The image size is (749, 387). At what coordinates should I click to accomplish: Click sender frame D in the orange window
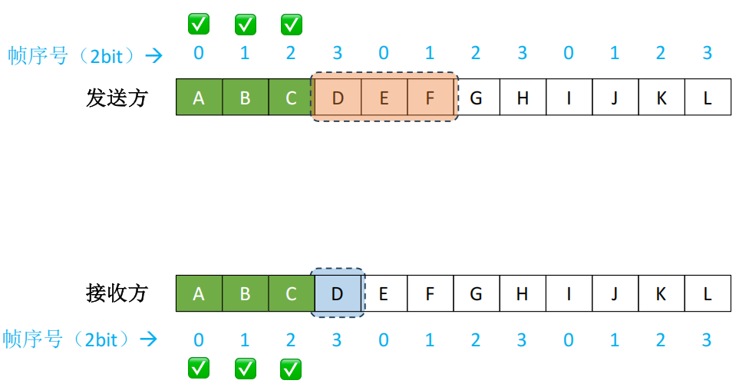point(338,98)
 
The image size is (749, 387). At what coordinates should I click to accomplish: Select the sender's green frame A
point(199,98)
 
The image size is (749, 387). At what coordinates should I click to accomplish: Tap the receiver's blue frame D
point(338,294)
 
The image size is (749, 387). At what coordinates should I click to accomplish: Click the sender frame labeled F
point(430,98)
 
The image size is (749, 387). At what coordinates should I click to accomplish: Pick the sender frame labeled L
point(708,98)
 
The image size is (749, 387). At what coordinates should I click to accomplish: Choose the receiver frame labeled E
point(384,294)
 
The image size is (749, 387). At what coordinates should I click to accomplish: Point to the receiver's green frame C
point(292,294)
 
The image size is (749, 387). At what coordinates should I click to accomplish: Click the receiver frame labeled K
point(662,294)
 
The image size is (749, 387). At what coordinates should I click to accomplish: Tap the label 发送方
point(117,98)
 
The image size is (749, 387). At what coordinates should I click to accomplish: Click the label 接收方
point(117,293)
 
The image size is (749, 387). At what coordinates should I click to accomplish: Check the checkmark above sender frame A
point(199,25)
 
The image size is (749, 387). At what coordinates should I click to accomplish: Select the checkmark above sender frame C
point(292,25)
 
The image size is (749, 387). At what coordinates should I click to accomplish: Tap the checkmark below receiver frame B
point(245,369)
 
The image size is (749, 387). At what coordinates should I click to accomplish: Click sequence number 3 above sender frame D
point(338,54)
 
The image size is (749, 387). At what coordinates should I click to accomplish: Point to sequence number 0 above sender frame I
point(569,54)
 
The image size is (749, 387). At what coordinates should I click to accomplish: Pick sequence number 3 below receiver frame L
point(708,339)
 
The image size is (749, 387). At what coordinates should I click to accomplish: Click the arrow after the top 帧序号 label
point(154,55)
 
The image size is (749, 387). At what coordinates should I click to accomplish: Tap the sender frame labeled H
point(523,98)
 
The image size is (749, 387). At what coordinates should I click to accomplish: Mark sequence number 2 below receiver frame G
point(476,339)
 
